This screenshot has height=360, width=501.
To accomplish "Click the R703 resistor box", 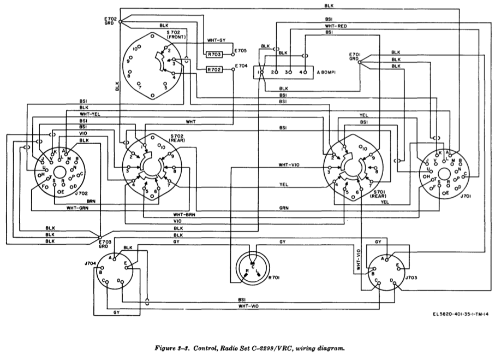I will pyautogui.click(x=213, y=54).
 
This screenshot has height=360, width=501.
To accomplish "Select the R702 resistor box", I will pyautogui.click(x=213, y=70).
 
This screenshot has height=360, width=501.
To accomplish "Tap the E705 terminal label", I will pyautogui.click(x=240, y=51).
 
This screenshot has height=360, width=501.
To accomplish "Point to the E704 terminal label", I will pyautogui.click(x=240, y=66).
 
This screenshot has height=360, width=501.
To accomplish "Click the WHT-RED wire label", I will pyautogui.click(x=335, y=26).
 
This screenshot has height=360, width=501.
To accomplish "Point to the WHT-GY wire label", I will pyautogui.click(x=217, y=40).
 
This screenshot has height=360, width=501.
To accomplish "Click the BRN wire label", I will pyautogui.click(x=91, y=200).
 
